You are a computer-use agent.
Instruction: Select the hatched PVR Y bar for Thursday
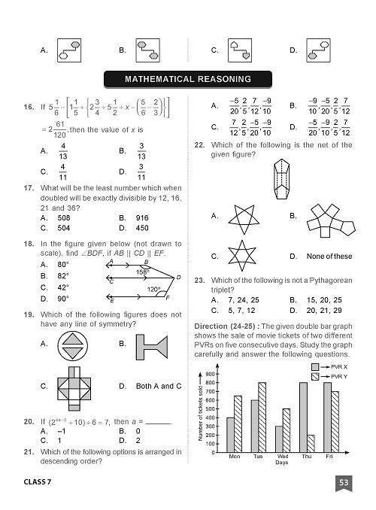pos(311,444)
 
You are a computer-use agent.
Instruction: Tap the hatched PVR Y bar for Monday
pos(238,424)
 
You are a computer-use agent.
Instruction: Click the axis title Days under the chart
pos(281,463)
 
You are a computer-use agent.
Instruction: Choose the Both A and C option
pos(159,386)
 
